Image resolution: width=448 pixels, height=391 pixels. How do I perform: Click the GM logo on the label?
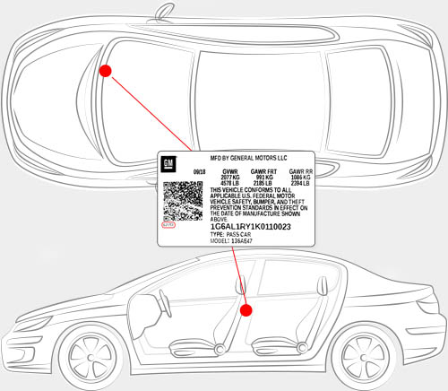(x=168, y=163)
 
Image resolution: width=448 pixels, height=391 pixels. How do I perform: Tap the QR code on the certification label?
(x=182, y=200)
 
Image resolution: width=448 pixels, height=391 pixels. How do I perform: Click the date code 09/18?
(x=198, y=169)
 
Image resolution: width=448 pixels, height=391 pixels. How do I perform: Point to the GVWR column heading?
(x=230, y=170)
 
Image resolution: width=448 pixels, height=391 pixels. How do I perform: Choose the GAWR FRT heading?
(x=263, y=170)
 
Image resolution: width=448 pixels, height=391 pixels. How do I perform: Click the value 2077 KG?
(x=230, y=177)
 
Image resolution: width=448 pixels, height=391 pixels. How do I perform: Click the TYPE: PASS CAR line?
(x=231, y=236)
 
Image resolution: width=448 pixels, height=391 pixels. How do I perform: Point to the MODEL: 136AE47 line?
(x=236, y=242)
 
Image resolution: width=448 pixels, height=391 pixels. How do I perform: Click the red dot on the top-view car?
(x=106, y=70)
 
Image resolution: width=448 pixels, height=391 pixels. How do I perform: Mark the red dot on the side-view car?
(x=248, y=309)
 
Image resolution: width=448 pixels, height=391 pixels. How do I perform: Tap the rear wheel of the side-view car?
(x=366, y=353)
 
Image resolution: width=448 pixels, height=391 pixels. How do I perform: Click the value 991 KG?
(x=263, y=177)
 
